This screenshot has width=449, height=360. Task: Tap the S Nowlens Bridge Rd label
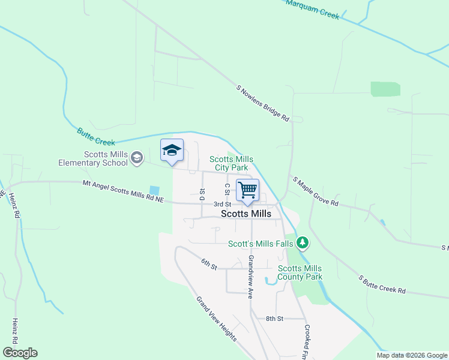pyautogui.click(x=263, y=104)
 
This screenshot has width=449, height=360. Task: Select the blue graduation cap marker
pyautogui.click(x=172, y=151)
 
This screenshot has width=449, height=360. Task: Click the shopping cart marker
pyautogui.click(x=247, y=191)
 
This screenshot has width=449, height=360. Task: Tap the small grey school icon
pyautogui.click(x=137, y=158)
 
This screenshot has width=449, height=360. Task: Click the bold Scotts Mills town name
pyautogui.click(x=246, y=214)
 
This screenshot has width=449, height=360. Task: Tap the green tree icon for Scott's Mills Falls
pyautogui.click(x=304, y=242)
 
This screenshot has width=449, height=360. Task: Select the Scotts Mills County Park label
pyautogui.click(x=300, y=272)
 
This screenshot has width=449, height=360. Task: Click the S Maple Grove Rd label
pyautogui.click(x=315, y=191)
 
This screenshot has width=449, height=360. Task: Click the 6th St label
pyautogui.click(x=208, y=264)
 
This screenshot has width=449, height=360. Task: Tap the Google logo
pyautogui.click(x=20, y=353)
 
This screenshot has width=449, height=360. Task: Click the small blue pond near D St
pyautogui.click(x=155, y=190)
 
